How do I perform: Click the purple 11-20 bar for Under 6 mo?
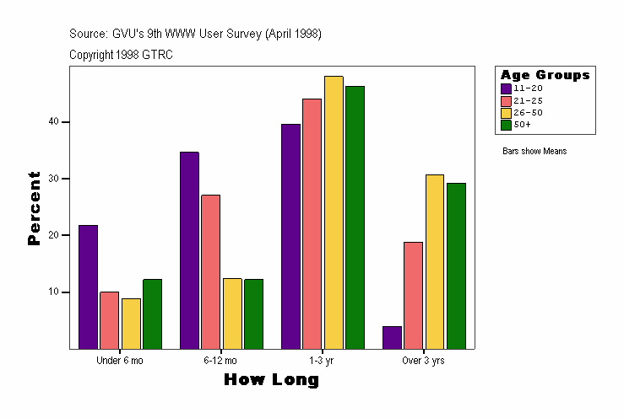point(88,287)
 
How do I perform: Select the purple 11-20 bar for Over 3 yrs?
point(392,337)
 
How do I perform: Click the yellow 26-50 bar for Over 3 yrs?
point(435,261)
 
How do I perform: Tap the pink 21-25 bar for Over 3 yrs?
point(413,295)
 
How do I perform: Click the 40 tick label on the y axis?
point(53,122)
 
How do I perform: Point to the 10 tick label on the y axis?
point(53,292)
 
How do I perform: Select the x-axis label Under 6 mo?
point(120,361)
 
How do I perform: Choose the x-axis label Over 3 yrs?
point(424,361)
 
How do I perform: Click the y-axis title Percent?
point(34,208)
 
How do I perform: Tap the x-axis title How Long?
point(271,380)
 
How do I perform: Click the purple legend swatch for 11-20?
point(506,88)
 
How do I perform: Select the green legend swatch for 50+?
point(506,125)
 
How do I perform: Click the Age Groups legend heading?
point(545,75)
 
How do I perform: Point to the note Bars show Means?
point(534,152)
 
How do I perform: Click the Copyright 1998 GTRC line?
point(122,54)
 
